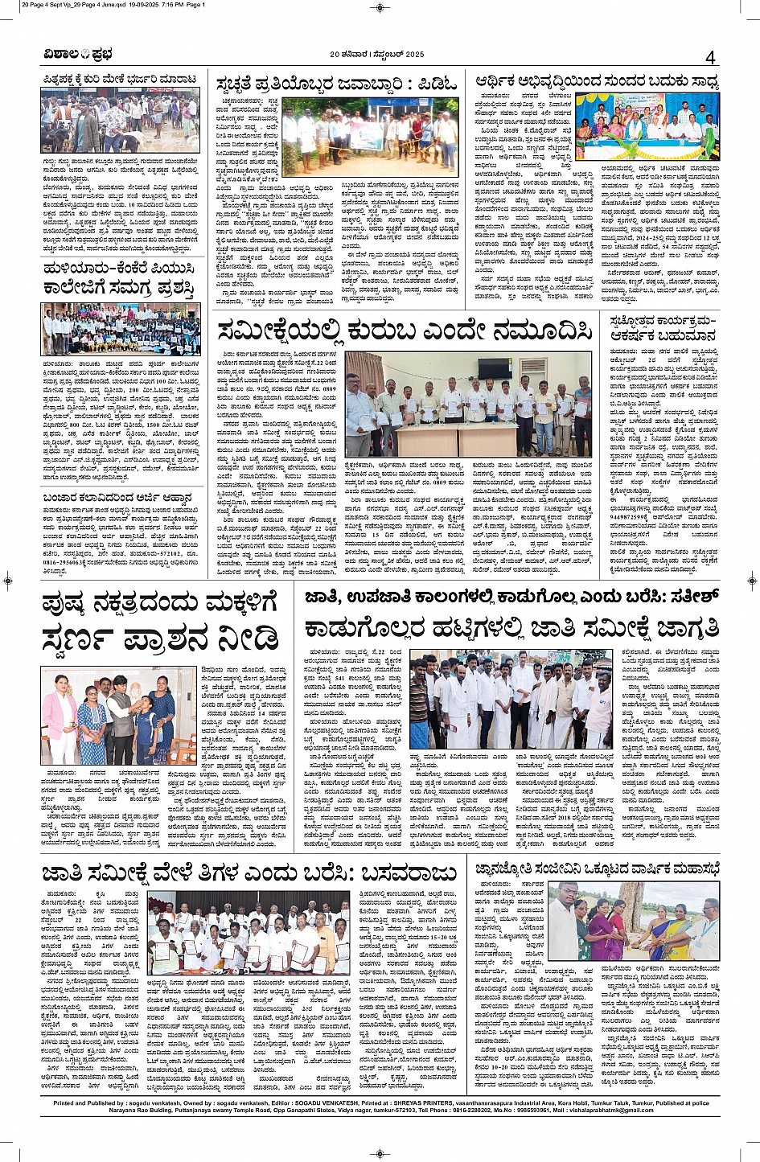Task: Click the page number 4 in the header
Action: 710,57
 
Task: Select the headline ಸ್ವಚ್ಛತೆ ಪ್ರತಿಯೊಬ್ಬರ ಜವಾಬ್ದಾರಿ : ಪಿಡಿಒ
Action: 336,84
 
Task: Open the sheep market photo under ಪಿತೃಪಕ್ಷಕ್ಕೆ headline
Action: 121,120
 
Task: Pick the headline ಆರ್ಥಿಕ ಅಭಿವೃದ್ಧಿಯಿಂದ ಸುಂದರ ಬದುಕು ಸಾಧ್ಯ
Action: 597,82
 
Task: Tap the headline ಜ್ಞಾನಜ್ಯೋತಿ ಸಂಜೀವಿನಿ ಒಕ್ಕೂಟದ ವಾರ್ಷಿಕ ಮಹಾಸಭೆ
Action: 596,868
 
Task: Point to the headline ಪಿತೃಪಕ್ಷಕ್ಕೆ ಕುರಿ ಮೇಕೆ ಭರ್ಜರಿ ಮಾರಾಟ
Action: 121,79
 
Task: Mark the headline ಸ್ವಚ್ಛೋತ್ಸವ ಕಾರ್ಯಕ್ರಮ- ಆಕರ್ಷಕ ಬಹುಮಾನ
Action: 663,328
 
